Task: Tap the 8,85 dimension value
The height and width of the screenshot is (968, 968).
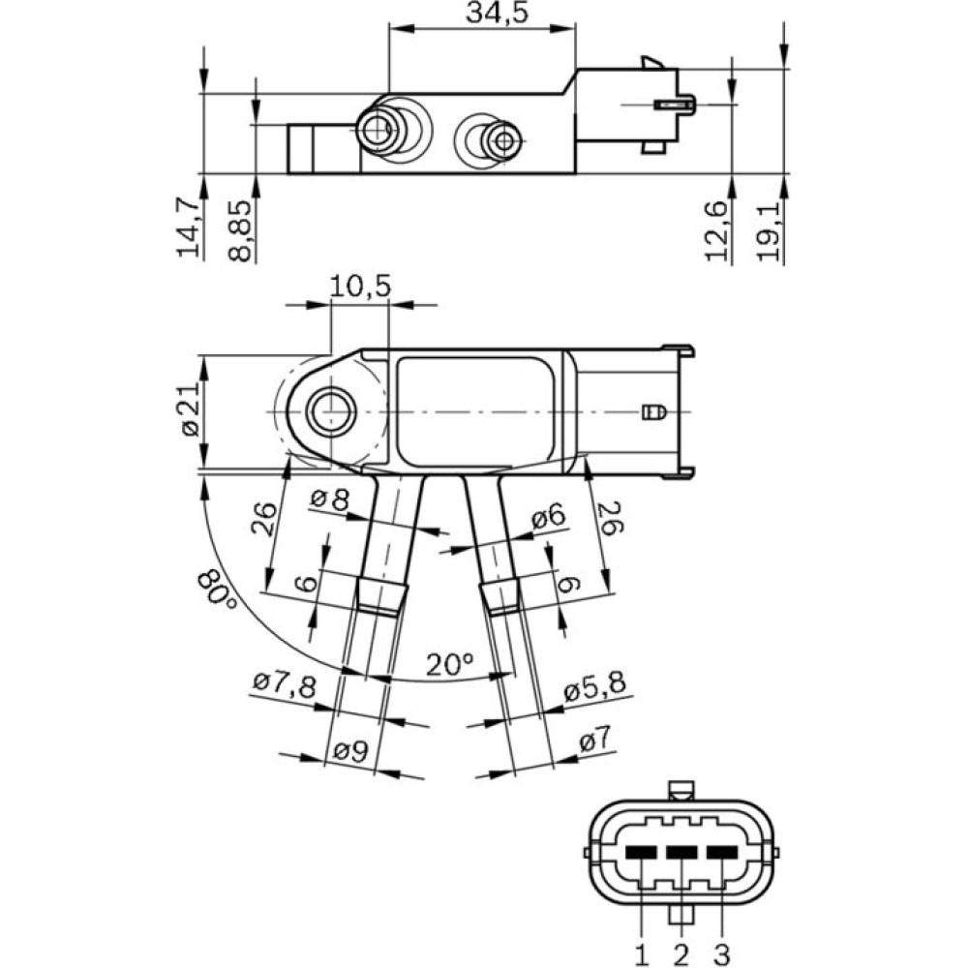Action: (241, 230)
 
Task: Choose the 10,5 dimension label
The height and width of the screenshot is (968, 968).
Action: (359, 287)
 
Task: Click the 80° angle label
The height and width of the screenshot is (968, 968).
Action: (219, 589)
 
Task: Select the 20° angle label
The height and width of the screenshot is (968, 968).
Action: (449, 664)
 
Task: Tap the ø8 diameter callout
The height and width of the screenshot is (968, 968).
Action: (329, 500)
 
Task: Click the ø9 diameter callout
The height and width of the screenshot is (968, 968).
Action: (350, 751)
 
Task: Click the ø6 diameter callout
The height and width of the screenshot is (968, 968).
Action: (548, 519)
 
